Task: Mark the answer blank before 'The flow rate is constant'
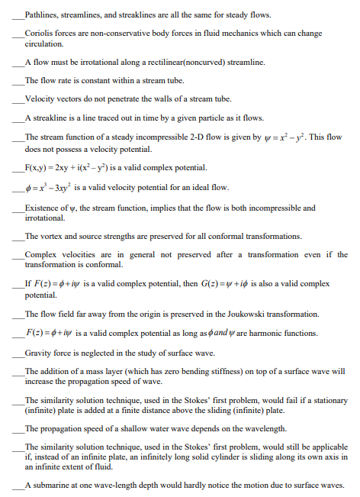pos(18,79)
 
